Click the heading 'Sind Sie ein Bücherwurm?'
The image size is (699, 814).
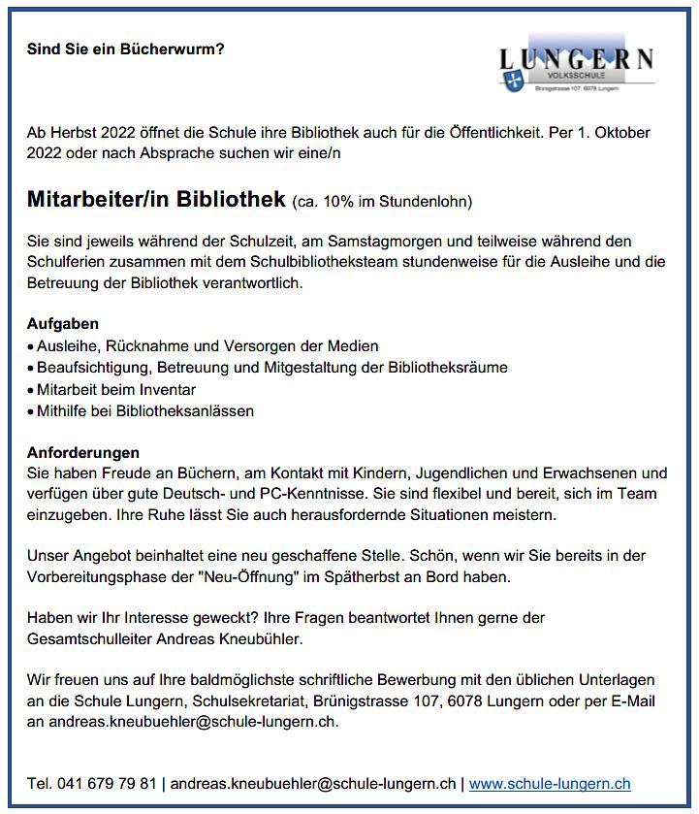(x=126, y=48)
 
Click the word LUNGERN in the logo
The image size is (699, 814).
(x=576, y=58)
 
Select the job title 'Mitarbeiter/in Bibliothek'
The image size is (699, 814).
(x=156, y=200)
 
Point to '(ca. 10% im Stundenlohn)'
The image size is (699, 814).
(x=381, y=202)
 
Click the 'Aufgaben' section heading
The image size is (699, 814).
(x=63, y=323)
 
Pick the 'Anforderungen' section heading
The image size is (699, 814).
(x=83, y=452)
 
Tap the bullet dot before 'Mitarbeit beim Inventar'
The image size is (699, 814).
(x=31, y=390)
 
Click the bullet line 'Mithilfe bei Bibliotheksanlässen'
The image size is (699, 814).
(x=145, y=410)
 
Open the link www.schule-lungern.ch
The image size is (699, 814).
(x=550, y=784)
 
